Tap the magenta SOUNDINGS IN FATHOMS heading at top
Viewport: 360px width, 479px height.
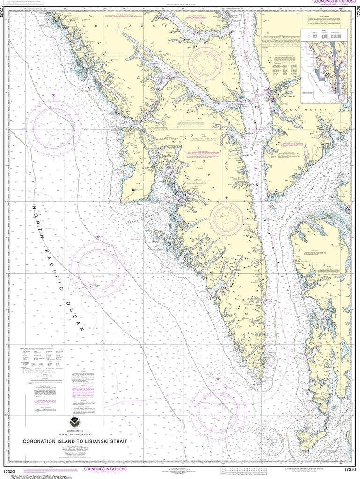(x=329, y=2)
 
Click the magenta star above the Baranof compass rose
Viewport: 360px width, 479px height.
(x=226, y=198)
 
